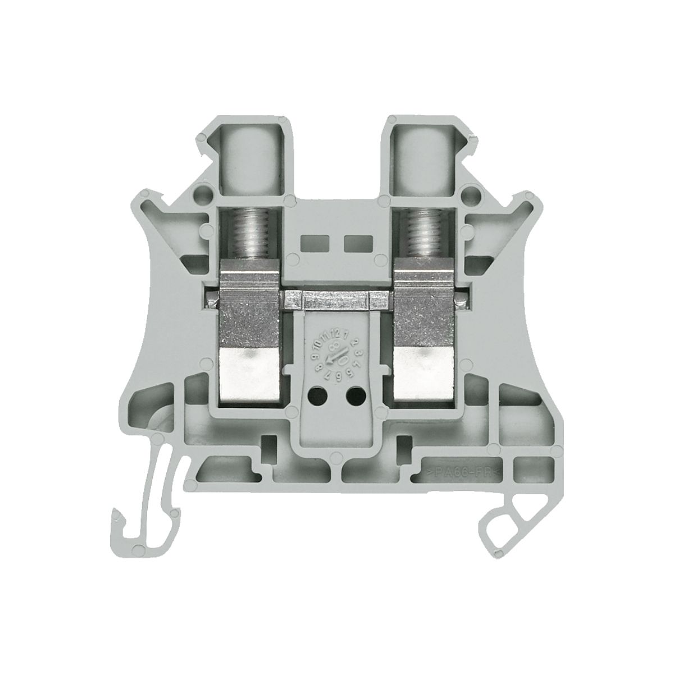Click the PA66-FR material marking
(x=461, y=472)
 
